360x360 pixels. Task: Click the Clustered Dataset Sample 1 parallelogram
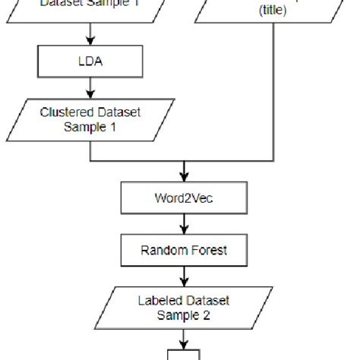(90, 119)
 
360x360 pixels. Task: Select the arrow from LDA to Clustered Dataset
(90, 90)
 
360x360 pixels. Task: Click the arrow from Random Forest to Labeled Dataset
(183, 275)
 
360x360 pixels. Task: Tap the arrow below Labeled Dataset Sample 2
(183, 337)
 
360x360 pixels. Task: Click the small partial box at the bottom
(183, 355)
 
